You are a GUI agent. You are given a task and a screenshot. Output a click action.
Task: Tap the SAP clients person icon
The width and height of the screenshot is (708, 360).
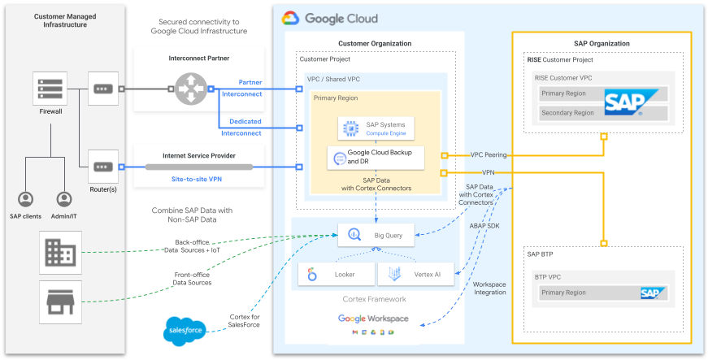point(26,199)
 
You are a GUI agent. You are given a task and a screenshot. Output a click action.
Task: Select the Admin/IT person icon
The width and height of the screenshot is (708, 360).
point(65,199)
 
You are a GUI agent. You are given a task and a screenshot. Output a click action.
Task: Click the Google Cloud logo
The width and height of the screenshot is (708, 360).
point(329,18)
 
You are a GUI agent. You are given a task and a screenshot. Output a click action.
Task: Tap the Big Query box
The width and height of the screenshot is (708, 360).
point(376,236)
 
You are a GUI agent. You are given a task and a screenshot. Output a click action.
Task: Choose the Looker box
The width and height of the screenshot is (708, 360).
point(336,275)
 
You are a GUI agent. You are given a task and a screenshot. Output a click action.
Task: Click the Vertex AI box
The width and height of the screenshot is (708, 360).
point(415,275)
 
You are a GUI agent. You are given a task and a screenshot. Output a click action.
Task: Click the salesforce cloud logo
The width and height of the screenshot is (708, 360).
point(182,329)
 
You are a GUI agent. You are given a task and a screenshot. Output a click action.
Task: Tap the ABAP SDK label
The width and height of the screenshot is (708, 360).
point(486,226)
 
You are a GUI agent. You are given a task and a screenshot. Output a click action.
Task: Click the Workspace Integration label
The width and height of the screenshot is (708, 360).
point(489,288)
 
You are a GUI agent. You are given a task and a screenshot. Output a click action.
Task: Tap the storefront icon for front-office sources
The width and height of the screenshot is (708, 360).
point(60,301)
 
